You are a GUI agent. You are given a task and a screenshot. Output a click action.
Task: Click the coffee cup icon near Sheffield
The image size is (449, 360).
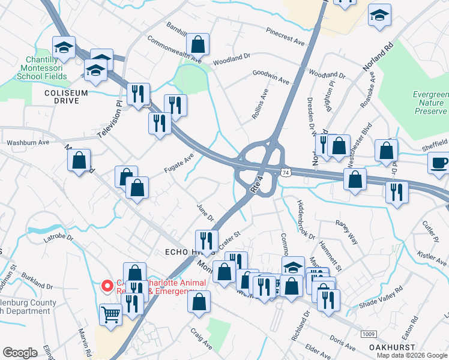click(x=438, y=163)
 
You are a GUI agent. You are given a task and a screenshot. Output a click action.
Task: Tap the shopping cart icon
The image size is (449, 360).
click(x=111, y=313)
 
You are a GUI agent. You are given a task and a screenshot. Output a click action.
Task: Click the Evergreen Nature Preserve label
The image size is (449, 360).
click(x=430, y=103)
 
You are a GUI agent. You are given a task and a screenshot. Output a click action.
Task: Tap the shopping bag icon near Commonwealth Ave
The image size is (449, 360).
click(x=197, y=44)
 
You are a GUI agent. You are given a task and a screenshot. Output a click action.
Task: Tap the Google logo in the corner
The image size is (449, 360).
click(x=20, y=353)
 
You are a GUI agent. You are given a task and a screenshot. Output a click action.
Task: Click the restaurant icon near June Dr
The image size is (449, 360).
click(x=206, y=241)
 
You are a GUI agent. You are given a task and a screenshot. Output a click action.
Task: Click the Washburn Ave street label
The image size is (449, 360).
click(x=28, y=143)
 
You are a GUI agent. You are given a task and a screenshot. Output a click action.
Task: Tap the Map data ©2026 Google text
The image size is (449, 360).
click(x=411, y=355)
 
